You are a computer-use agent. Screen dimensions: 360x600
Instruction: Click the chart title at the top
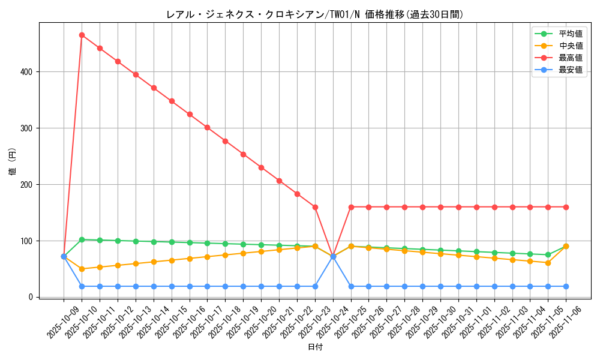pyautogui.click(x=314, y=14)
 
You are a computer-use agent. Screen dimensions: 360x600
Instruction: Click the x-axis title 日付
pyautogui.click(x=314, y=347)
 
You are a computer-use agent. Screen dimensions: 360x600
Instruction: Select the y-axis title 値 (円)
pyautogui.click(x=13, y=162)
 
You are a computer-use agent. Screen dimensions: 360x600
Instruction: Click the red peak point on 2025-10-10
pyautogui.click(x=82, y=35)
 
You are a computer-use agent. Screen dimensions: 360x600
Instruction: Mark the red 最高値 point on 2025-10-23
pyautogui.click(x=315, y=207)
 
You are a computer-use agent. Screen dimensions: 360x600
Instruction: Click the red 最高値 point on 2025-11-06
pyautogui.click(x=566, y=207)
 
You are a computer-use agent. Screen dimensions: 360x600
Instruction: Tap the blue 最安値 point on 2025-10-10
pyautogui.click(x=82, y=286)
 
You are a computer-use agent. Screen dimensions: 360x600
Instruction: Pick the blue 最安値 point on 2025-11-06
pyautogui.click(x=566, y=286)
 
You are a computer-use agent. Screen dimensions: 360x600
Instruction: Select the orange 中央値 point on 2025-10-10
pyautogui.click(x=82, y=269)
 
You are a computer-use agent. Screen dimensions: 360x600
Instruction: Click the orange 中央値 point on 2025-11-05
pyautogui.click(x=548, y=263)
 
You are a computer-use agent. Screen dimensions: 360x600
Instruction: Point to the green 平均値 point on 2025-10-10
pyautogui.click(x=82, y=239)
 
